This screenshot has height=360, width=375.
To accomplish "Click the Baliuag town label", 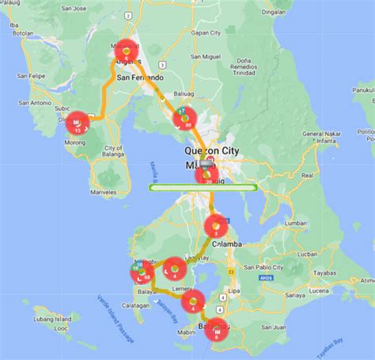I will point(184,92).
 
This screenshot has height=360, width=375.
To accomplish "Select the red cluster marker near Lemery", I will point(192,301).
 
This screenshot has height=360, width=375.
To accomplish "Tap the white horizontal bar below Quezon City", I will point(204,188).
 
